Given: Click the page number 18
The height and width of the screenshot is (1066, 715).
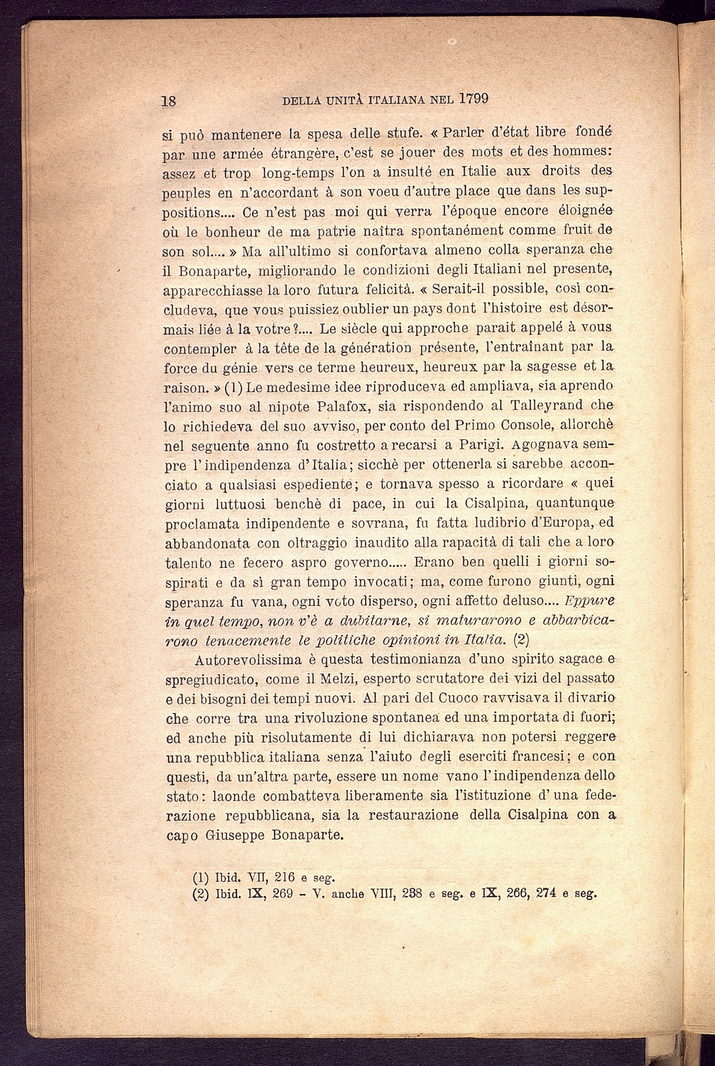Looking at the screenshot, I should click(x=170, y=101).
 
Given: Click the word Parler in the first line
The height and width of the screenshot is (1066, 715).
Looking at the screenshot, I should click(x=466, y=133).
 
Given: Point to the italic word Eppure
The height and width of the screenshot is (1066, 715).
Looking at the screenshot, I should click(x=590, y=600).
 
